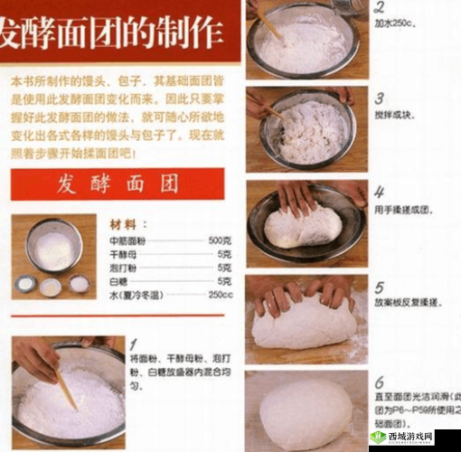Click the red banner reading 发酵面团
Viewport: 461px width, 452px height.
pyautogui.click(x=123, y=184)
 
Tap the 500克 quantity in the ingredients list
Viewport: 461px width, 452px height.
pyautogui.click(x=221, y=240)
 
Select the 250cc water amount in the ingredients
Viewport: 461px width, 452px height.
pyautogui.click(x=221, y=294)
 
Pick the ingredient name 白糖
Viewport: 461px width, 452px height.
pyautogui.click(x=119, y=281)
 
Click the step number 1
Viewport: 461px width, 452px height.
pyautogui.click(x=133, y=344)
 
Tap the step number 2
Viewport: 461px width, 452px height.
pyautogui.click(x=379, y=7)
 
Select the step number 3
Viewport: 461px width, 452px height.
pyautogui.click(x=380, y=99)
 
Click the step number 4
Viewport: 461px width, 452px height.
pyautogui.click(x=380, y=193)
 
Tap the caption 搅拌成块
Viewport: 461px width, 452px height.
pyautogui.click(x=396, y=115)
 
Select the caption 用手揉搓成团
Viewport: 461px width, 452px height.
pyautogui.click(x=403, y=210)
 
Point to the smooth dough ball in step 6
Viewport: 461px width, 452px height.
pyautogui.click(x=306, y=412)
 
